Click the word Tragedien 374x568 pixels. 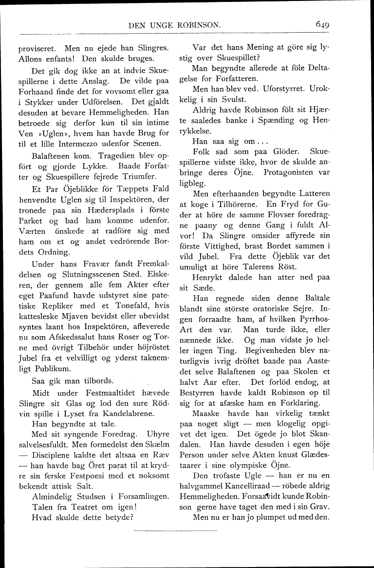pos(99,157)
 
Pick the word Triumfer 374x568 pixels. pos(147,178)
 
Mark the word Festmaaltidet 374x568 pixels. pos(96,393)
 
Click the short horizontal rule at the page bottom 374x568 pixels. pos(175,530)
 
